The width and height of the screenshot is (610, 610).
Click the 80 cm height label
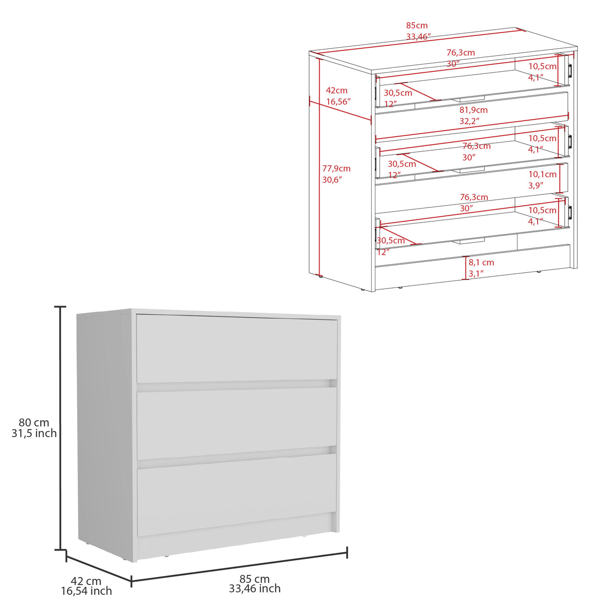(34, 423)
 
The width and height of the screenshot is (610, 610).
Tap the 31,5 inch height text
(34, 433)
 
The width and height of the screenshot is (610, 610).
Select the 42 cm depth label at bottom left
(86, 581)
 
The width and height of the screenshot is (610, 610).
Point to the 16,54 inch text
(86, 591)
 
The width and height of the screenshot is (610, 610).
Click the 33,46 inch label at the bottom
(255, 589)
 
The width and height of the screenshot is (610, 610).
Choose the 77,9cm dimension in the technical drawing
(336, 169)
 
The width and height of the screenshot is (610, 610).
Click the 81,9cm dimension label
(473, 110)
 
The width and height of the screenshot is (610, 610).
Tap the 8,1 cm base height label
(481, 262)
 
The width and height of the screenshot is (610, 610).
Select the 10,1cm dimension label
(542, 174)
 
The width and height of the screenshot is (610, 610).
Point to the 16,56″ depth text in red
(338, 101)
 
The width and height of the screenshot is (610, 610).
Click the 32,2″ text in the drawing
(469, 121)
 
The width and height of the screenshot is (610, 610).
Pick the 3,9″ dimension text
(536, 185)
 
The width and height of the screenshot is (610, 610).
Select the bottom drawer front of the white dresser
(237, 493)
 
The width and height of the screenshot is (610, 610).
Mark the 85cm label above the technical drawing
(417, 26)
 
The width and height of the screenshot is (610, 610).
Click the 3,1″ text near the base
(476, 273)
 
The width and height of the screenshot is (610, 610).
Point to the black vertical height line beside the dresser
(61, 427)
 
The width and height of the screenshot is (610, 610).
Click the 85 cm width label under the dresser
(254, 579)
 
